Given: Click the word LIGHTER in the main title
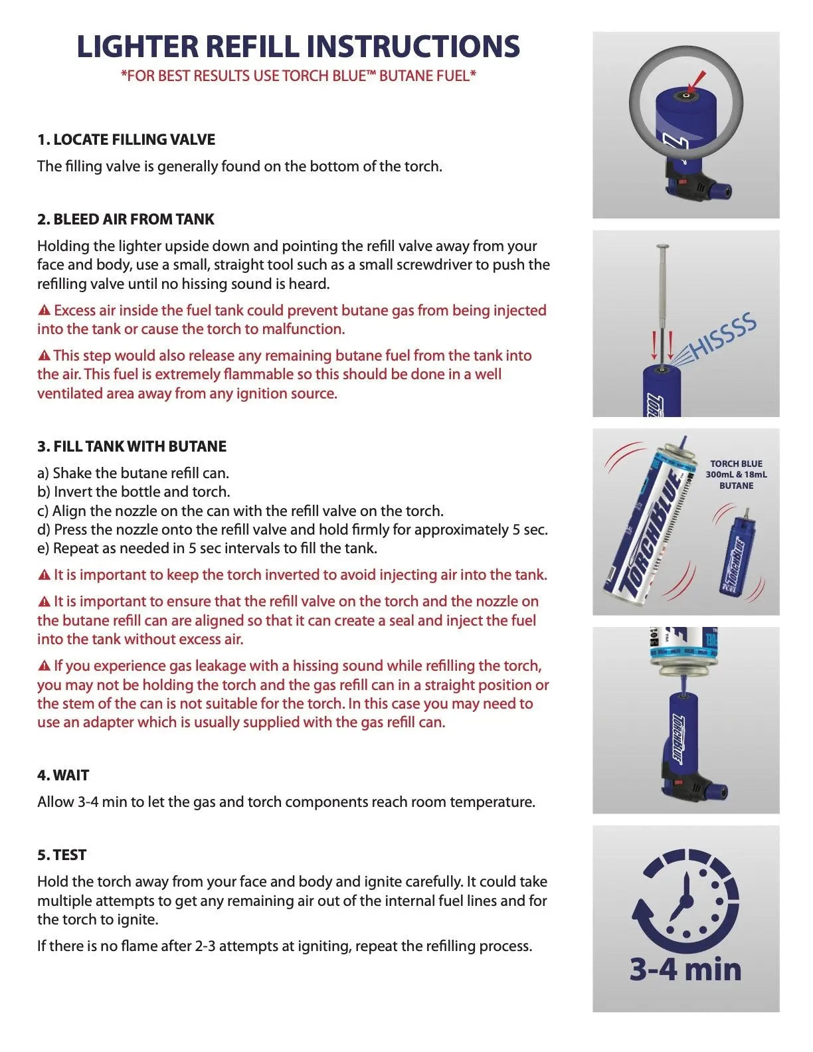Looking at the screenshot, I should tap(137, 46).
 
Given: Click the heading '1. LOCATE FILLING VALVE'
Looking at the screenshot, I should tap(126, 139).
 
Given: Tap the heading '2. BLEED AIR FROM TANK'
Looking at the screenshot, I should tap(126, 219).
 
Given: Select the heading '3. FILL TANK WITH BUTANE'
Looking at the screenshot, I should tap(132, 446).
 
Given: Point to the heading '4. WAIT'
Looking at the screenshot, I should tap(63, 775).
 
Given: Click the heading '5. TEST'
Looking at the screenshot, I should tap(62, 855).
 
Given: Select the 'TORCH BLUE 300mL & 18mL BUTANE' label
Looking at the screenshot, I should tap(736, 475).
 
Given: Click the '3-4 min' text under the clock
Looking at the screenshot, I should tap(685, 969).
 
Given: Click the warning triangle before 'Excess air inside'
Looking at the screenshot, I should tap(45, 310).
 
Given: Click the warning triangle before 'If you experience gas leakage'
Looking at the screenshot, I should tap(45, 665).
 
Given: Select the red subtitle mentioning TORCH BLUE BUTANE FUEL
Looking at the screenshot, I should tap(298, 76).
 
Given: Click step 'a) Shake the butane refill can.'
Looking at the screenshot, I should tap(133, 473).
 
